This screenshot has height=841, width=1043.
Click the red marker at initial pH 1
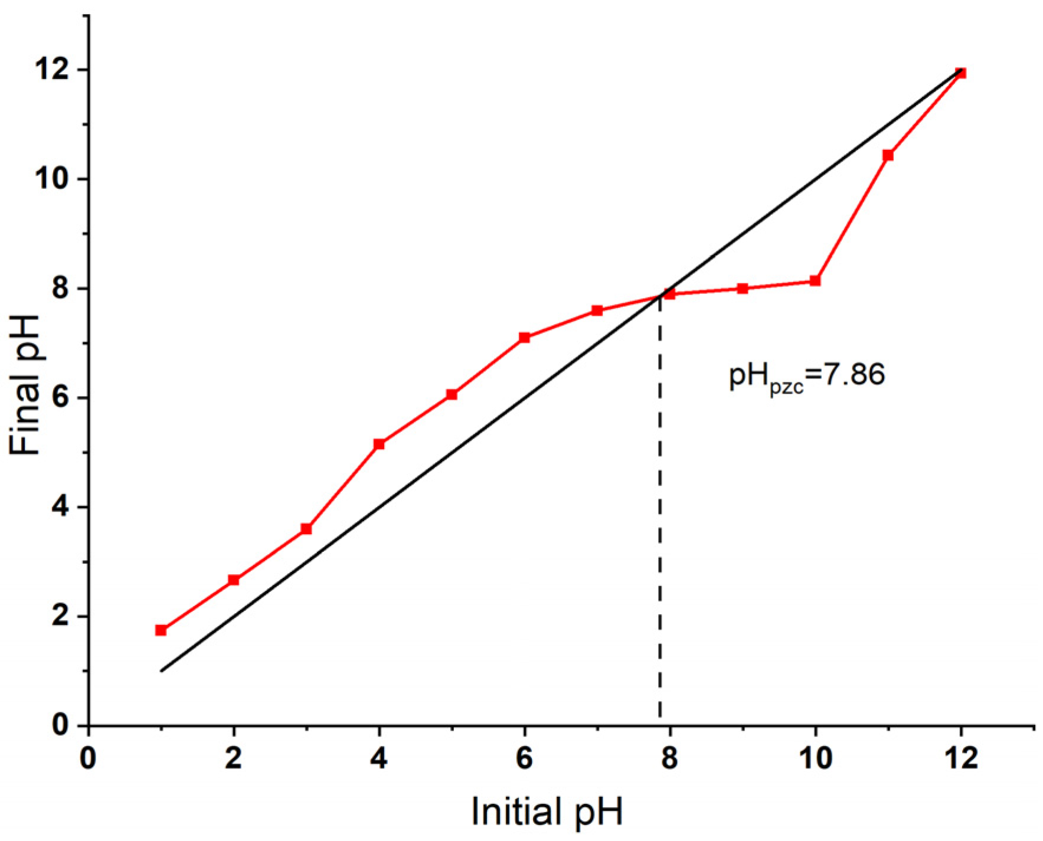tap(161, 630)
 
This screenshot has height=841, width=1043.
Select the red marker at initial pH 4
tap(379, 444)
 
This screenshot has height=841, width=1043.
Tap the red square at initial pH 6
tap(524, 338)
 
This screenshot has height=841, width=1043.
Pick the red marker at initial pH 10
tap(815, 281)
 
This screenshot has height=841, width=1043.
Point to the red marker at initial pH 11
tap(888, 155)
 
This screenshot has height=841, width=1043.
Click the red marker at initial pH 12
tap(960, 73)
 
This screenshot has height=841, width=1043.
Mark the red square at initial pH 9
tap(743, 289)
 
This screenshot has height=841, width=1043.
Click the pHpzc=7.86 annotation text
tap(807, 375)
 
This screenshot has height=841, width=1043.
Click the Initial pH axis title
tap(547, 812)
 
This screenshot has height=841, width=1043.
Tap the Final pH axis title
tap(25, 385)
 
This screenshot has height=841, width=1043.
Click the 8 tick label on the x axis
tap(669, 758)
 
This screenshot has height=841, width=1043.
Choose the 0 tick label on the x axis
tap(88, 758)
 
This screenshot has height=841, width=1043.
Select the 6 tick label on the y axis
tap(59, 398)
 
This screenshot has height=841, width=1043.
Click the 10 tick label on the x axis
tap(815, 758)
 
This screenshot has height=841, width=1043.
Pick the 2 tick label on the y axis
tap(59, 617)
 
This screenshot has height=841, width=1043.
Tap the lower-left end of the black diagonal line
tap(161, 670)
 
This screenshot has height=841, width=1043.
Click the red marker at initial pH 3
tap(306, 529)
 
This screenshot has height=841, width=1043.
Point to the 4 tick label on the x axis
tap(379, 758)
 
